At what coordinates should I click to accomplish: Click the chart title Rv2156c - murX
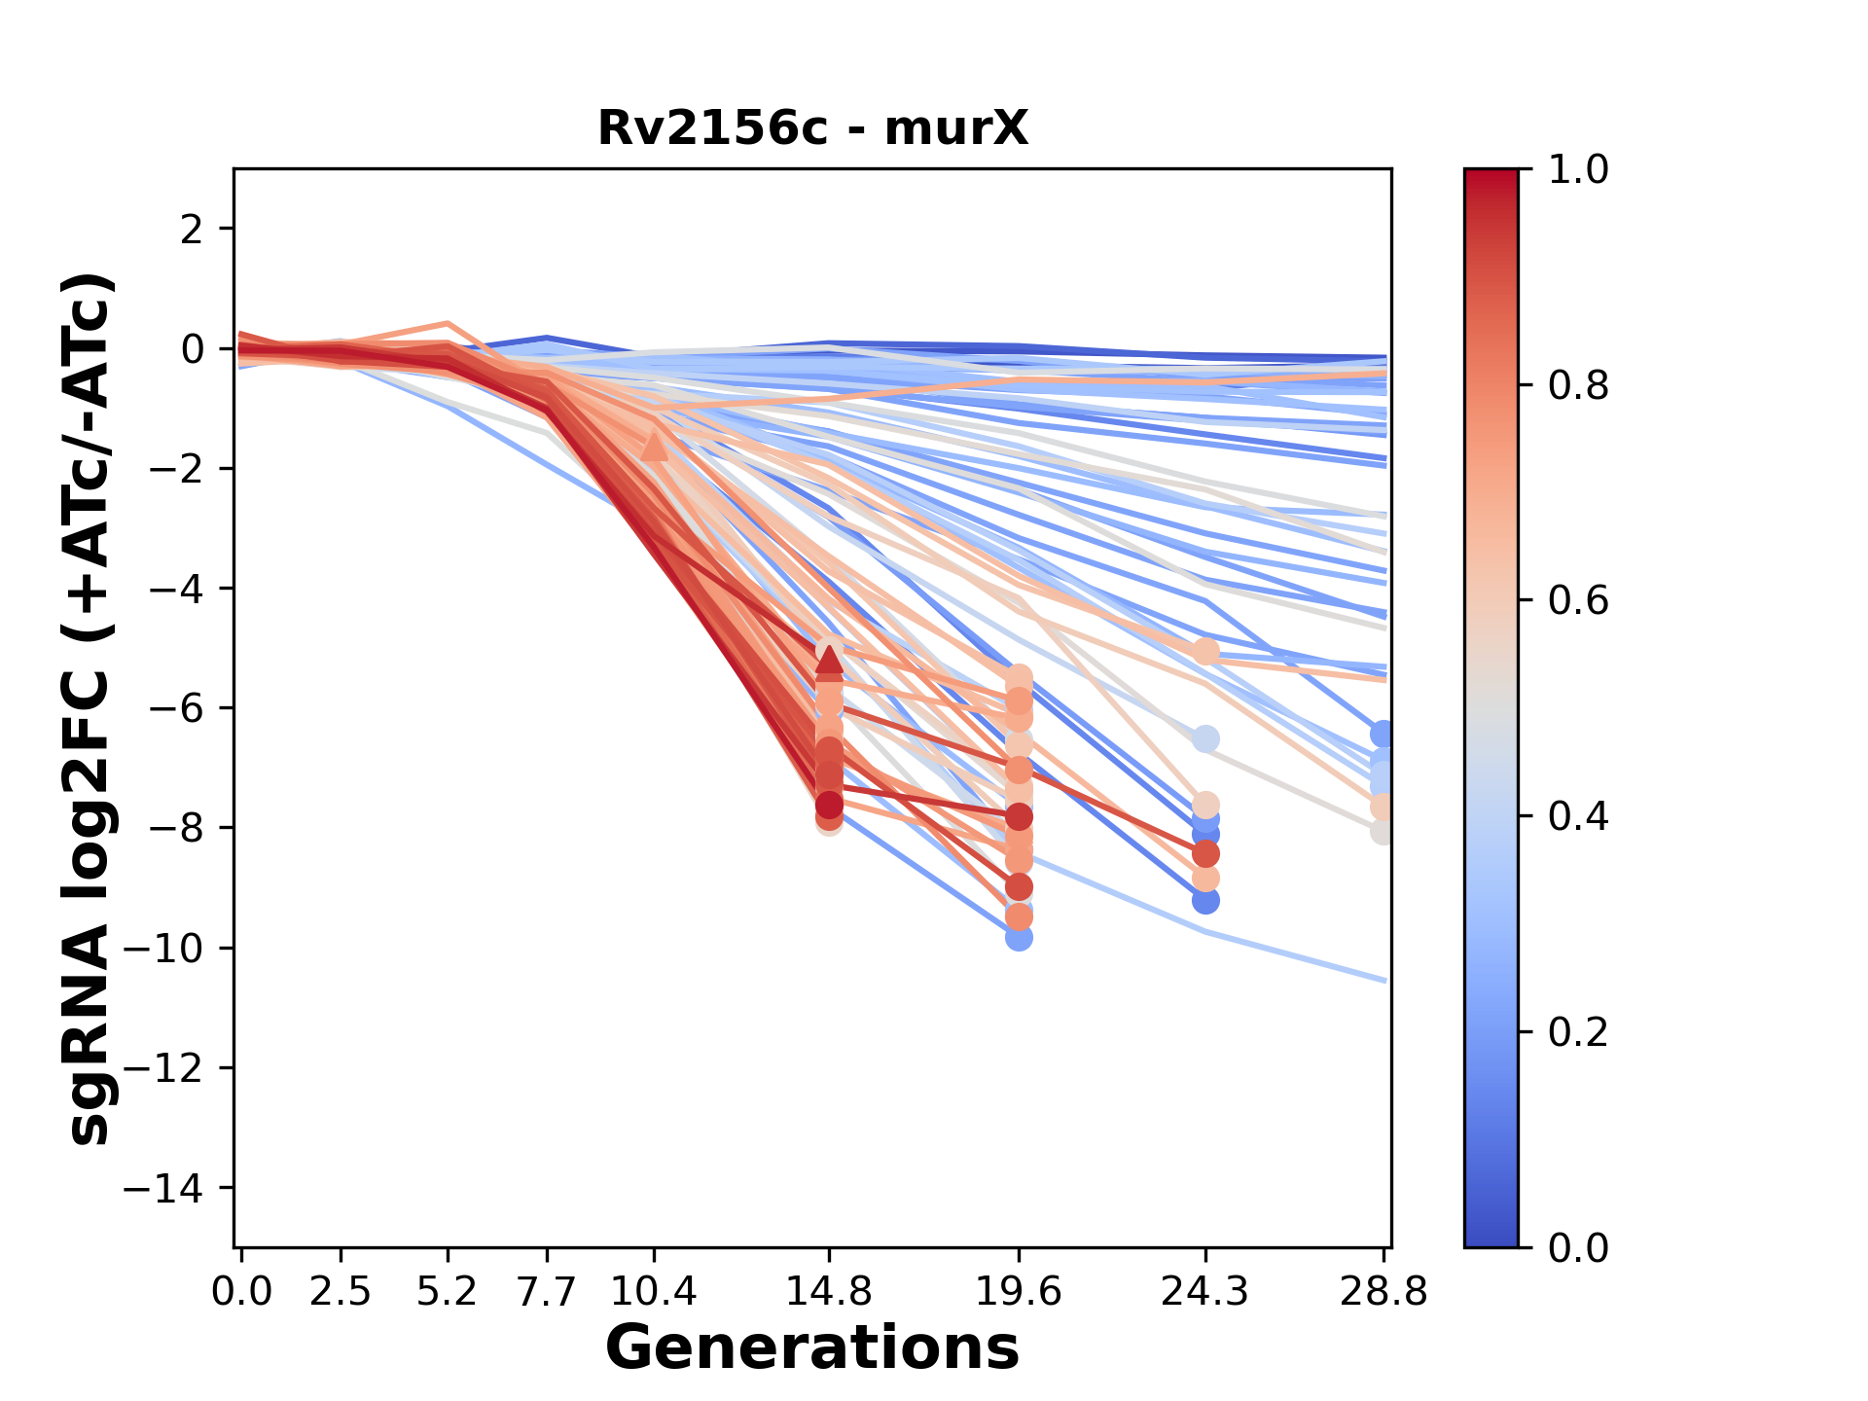point(812,128)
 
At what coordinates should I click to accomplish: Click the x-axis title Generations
point(812,1348)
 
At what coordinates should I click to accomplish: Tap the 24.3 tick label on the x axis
point(1205,1292)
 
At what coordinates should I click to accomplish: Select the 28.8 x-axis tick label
point(1383,1292)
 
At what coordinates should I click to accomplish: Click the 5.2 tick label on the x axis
point(448,1292)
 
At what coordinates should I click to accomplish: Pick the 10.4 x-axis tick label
point(654,1292)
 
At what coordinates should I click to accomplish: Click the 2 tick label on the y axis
point(193,230)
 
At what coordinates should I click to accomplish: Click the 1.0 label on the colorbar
point(1578,169)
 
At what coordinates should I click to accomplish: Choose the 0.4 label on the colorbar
point(1578,816)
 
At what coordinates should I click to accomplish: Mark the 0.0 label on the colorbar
point(1578,1247)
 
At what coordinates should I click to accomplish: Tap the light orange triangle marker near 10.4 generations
point(655,447)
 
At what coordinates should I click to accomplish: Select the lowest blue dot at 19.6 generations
point(1019,938)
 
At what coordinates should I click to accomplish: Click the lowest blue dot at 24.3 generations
point(1205,901)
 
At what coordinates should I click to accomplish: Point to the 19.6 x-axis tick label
point(1019,1292)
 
